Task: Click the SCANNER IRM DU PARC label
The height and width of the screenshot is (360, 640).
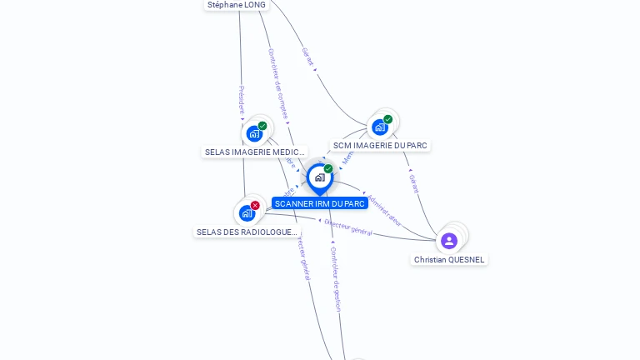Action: click(x=320, y=203)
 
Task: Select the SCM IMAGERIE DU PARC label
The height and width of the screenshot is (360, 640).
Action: click(x=380, y=145)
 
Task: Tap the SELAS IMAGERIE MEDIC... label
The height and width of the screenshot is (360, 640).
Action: click(x=255, y=152)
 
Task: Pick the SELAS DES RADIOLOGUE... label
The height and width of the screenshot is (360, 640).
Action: click(x=247, y=232)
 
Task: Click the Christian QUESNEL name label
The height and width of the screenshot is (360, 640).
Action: click(x=449, y=260)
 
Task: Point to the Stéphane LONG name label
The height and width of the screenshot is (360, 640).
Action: click(x=237, y=5)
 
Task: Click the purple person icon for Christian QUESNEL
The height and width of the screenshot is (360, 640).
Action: click(x=449, y=241)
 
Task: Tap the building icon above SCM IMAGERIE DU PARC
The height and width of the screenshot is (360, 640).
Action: click(x=380, y=127)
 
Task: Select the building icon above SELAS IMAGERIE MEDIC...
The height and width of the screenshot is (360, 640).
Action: click(x=254, y=133)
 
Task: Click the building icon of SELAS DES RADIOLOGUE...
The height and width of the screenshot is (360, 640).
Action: click(x=247, y=213)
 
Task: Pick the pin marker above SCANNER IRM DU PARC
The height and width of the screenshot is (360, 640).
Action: click(x=319, y=177)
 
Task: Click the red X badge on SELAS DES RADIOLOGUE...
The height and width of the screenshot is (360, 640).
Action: click(x=255, y=205)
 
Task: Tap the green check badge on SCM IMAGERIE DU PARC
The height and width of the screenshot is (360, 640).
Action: click(x=388, y=119)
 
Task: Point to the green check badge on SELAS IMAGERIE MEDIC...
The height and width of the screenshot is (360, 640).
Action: click(x=262, y=126)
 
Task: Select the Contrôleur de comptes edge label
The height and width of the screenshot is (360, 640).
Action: click(x=277, y=83)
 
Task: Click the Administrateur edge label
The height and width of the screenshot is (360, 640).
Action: click(x=385, y=211)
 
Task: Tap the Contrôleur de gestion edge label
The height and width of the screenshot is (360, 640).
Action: click(x=335, y=278)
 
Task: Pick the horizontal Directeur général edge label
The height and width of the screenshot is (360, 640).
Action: click(x=348, y=227)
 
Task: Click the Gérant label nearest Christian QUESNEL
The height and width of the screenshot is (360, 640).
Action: click(x=414, y=183)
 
